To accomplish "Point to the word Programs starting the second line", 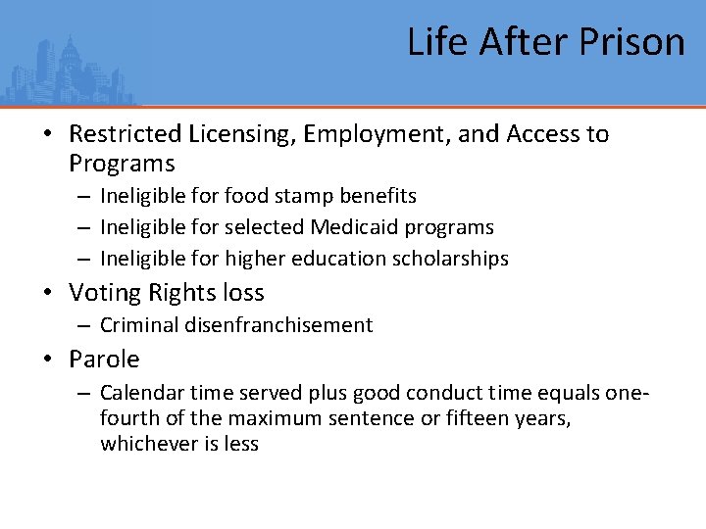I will [x=122, y=163].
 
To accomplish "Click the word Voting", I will [x=104, y=293].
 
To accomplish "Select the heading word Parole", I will [x=104, y=360].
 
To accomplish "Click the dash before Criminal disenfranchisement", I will [x=84, y=325].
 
